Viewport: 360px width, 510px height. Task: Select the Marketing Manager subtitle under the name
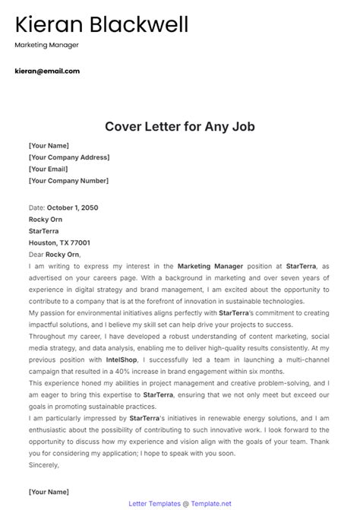click(46, 45)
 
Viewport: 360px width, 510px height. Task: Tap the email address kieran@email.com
click(46, 71)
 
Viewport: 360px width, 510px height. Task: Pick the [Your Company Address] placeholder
click(68, 157)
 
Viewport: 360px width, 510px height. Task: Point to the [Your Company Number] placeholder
click(68, 182)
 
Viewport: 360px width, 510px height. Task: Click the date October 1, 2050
click(72, 207)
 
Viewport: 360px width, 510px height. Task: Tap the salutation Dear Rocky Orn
click(54, 255)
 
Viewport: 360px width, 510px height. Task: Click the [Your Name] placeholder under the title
click(49, 145)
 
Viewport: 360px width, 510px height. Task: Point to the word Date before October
click(36, 207)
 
